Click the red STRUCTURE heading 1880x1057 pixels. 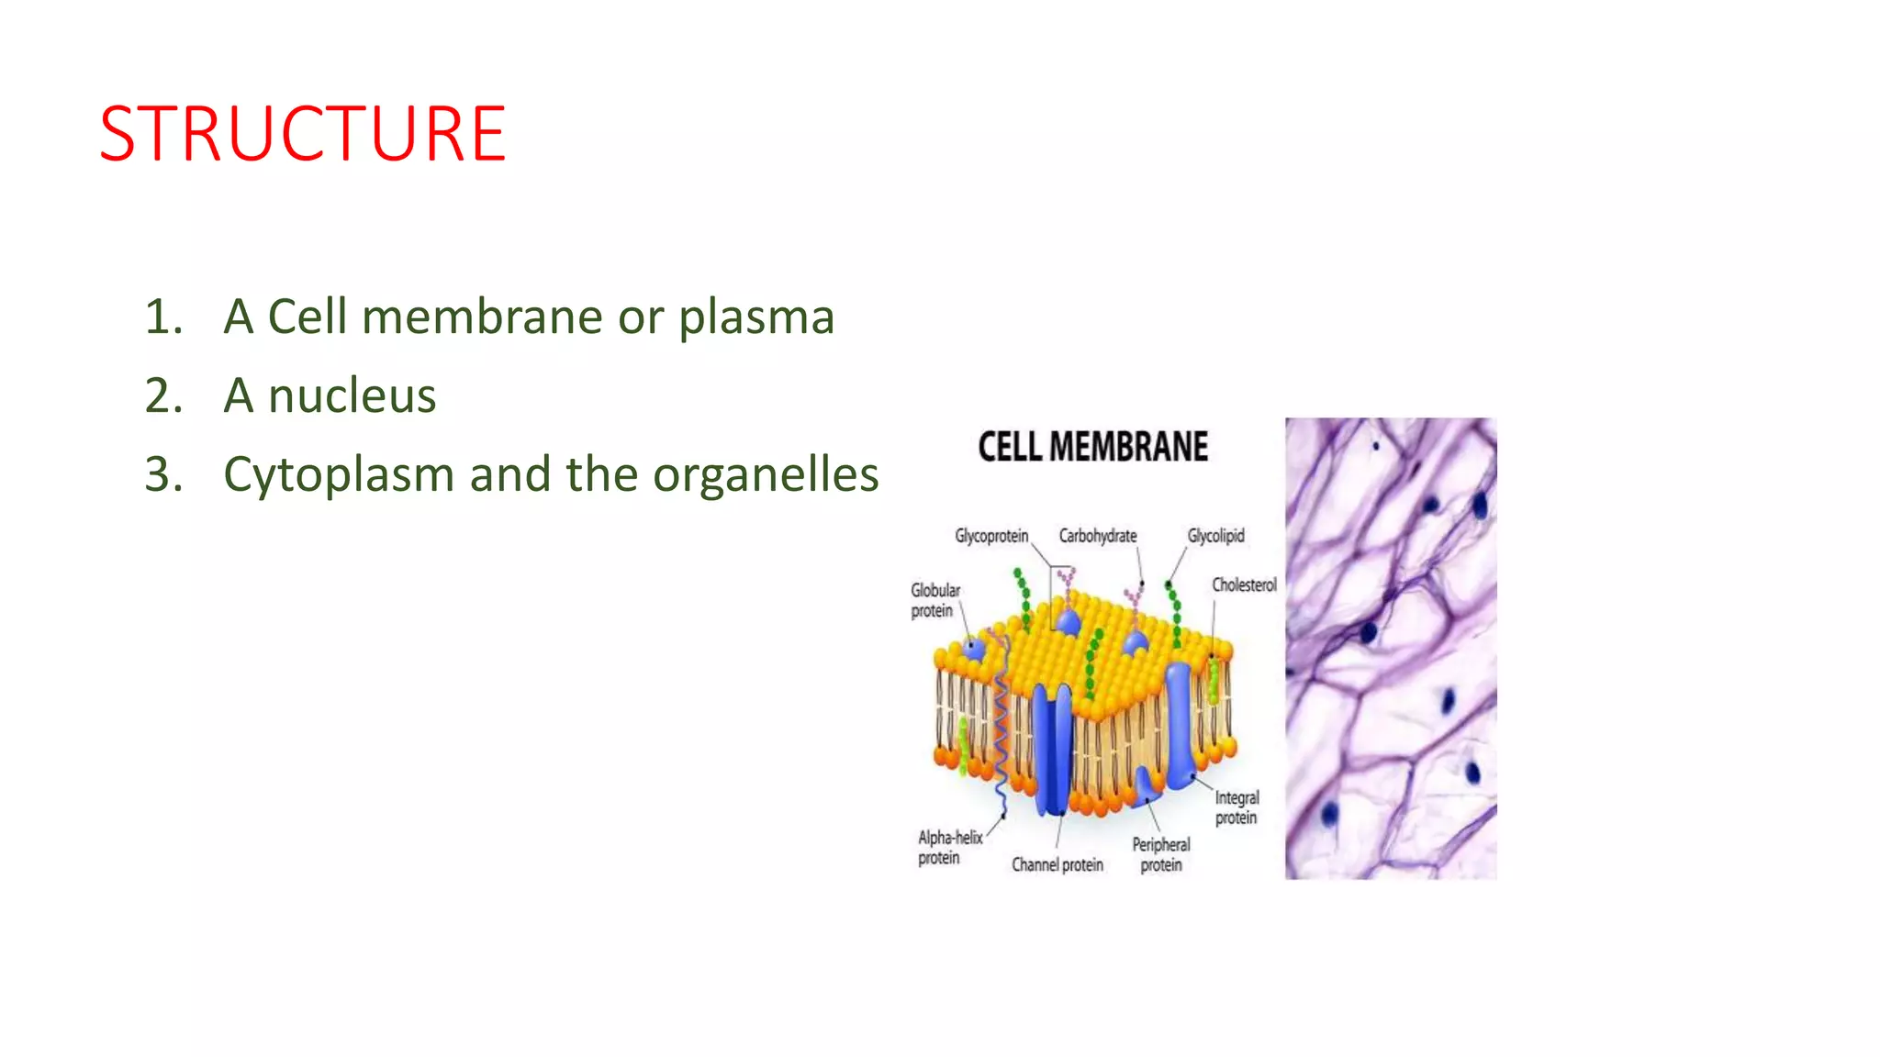(302, 134)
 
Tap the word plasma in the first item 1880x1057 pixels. (755, 318)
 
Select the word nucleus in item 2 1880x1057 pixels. (352, 396)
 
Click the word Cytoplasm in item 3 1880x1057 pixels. (339, 475)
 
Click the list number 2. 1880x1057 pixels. (162, 396)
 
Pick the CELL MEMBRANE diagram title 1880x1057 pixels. (1092, 447)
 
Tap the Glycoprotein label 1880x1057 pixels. (991, 535)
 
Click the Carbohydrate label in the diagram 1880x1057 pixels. (1097, 535)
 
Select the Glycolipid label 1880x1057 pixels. (1215, 535)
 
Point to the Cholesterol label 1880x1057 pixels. (1244, 584)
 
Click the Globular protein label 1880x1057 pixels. (934, 600)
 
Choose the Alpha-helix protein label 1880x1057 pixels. (948, 847)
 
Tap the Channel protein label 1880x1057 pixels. (1057, 864)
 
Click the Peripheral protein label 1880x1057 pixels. (1160, 854)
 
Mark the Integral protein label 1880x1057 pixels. (1237, 807)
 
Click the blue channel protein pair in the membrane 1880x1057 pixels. (1052, 748)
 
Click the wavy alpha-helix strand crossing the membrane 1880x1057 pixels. (1000, 725)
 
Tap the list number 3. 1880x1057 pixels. (162, 475)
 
